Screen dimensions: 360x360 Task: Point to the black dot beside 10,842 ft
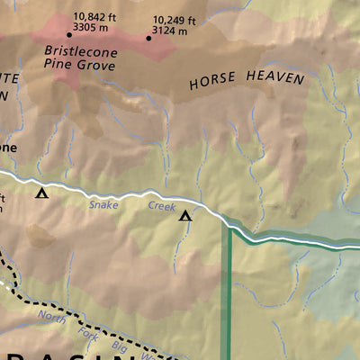69,35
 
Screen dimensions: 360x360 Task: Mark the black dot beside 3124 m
148,38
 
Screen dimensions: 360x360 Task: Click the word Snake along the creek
103,205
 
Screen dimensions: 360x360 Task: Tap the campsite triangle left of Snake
40,192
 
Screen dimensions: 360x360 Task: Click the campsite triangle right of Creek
185,215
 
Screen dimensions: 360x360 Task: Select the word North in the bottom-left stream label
52,316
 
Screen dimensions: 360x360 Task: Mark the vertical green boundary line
227,297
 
